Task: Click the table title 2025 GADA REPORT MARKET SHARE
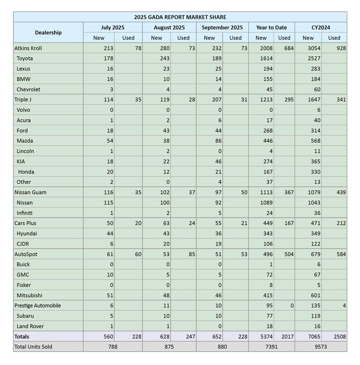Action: (x=180, y=17)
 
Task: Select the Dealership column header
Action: (x=48, y=32)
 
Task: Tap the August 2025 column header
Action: (x=169, y=27)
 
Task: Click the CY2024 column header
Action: (x=321, y=27)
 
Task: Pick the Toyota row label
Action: (x=25, y=58)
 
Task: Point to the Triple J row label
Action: (x=23, y=100)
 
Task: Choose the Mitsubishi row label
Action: (x=30, y=295)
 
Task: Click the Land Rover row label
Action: (x=30, y=326)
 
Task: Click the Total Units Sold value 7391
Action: (x=271, y=347)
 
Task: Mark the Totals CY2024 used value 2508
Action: (x=339, y=336)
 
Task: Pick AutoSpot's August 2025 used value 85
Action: (x=192, y=254)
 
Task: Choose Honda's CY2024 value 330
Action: (x=315, y=172)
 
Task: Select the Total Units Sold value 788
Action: (x=112, y=347)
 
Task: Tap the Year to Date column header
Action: (x=271, y=27)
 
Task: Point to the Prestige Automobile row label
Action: (x=38, y=306)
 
